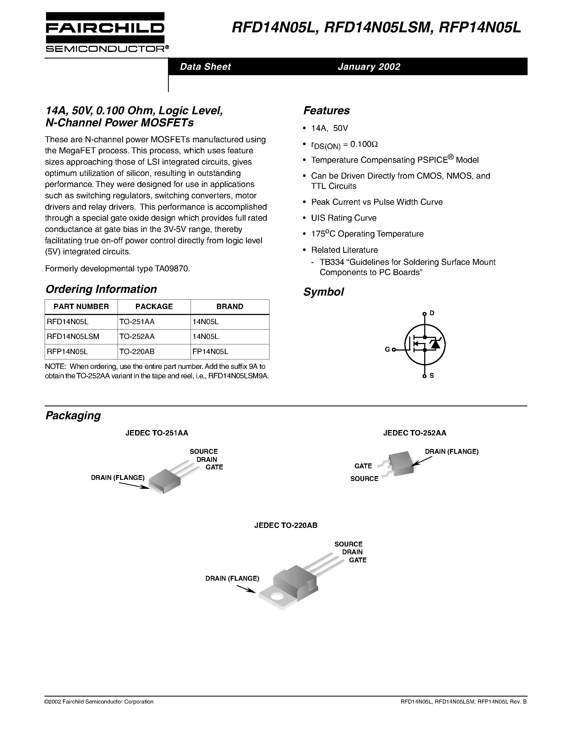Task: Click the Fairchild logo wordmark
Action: [x=105, y=28]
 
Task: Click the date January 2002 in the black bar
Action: [x=369, y=67]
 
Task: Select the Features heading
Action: [x=326, y=110]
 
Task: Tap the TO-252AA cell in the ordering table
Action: [x=136, y=337]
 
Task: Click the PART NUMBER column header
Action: [x=81, y=307]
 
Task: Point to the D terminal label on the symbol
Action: [x=432, y=313]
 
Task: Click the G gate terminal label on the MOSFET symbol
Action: [x=387, y=349]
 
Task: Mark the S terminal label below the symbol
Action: [x=432, y=376]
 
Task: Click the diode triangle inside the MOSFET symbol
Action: [x=435, y=345]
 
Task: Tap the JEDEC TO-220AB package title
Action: [x=286, y=525]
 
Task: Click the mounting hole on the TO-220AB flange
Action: [x=278, y=597]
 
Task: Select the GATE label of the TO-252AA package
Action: [x=363, y=466]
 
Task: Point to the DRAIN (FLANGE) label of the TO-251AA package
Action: [x=118, y=478]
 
